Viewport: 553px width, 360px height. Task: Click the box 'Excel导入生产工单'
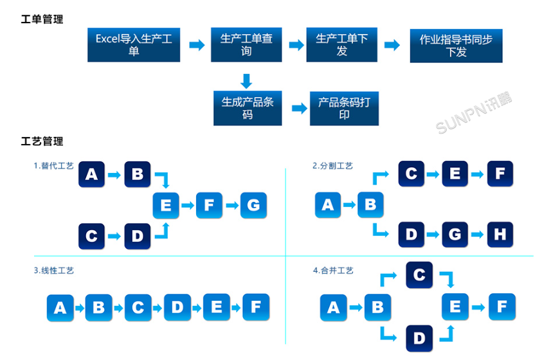click(134, 45)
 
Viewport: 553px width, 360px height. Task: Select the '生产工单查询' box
click(246, 45)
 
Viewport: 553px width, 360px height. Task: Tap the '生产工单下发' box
click(341, 45)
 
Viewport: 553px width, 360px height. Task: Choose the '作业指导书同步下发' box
click(456, 46)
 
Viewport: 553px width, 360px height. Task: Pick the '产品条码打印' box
click(344, 108)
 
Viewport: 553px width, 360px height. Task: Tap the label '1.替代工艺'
click(54, 166)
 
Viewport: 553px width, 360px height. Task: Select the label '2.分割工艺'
click(332, 166)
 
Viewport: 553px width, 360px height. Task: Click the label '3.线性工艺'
click(54, 271)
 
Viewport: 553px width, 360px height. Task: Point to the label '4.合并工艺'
click(332, 271)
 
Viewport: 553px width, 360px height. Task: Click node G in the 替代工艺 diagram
click(253, 205)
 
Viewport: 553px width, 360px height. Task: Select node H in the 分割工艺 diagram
click(500, 235)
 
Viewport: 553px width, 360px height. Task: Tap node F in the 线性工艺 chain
click(255, 307)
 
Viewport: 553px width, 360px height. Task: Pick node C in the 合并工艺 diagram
click(419, 276)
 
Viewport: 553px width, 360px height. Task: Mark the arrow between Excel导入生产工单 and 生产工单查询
click(196, 45)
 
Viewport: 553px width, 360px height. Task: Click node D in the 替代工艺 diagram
click(137, 236)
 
